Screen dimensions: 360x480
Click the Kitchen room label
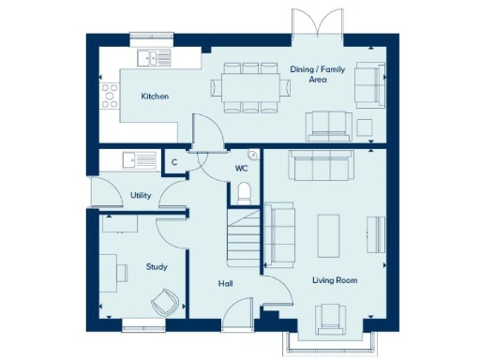155,97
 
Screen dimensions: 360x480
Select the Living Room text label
335,279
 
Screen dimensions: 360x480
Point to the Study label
157,267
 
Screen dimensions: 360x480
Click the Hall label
225,283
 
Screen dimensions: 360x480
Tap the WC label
241,170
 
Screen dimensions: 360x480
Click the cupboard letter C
174,162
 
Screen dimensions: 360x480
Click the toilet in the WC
246,192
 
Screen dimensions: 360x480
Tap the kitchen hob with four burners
110,94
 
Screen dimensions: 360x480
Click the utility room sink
144,160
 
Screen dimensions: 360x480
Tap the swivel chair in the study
165,302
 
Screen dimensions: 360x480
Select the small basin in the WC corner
253,156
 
